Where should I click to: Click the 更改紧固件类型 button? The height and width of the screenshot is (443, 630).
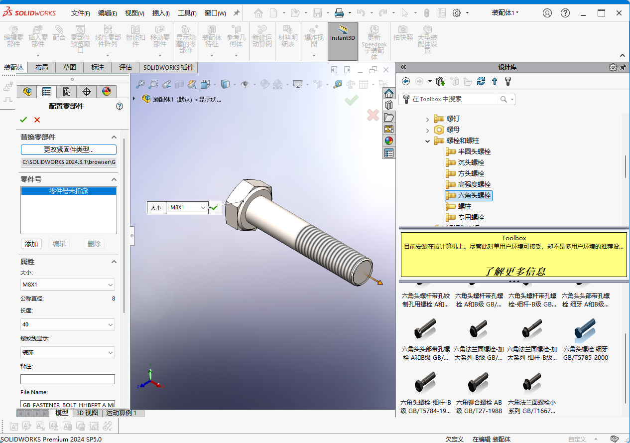(69, 149)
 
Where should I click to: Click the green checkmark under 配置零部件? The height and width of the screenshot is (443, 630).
(23, 120)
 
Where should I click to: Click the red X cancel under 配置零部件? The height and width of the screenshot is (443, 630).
(37, 120)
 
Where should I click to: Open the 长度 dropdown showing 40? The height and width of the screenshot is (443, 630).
(68, 324)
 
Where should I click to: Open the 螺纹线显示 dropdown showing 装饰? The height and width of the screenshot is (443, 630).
(68, 352)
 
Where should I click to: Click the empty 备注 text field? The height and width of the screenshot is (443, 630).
(68, 379)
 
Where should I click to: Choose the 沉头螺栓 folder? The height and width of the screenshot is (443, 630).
(471, 162)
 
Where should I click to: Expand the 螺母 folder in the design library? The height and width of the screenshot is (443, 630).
(427, 130)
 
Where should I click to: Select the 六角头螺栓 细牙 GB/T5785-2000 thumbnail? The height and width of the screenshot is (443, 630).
(585, 339)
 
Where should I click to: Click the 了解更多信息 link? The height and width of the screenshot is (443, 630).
(515, 271)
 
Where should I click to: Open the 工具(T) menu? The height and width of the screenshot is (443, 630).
(187, 13)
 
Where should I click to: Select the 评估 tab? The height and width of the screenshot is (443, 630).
(125, 67)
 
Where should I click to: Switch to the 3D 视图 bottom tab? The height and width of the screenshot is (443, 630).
(87, 413)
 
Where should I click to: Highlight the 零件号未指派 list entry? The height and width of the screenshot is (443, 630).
(69, 191)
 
